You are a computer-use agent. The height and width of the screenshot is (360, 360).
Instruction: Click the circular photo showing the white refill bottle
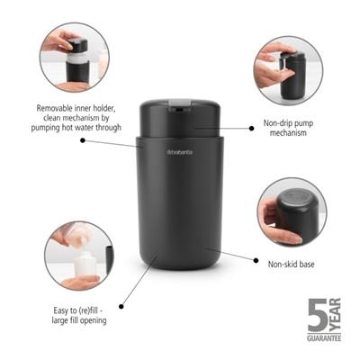[x=78, y=256]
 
